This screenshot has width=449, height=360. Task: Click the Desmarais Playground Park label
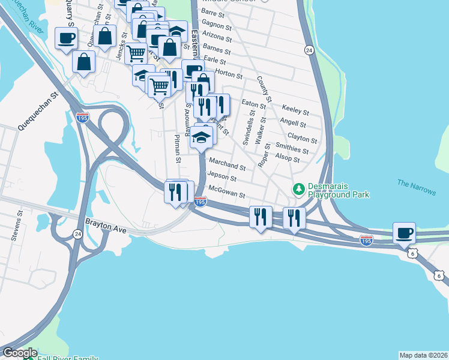338,190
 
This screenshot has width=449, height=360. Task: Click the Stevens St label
16,225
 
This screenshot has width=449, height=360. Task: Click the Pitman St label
176,148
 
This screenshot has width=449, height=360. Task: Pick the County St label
264,89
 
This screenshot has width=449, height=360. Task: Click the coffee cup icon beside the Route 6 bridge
404,232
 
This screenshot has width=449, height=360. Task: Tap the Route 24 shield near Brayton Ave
77,233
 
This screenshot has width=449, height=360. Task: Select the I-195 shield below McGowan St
200,203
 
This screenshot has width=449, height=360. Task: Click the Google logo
20,353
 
